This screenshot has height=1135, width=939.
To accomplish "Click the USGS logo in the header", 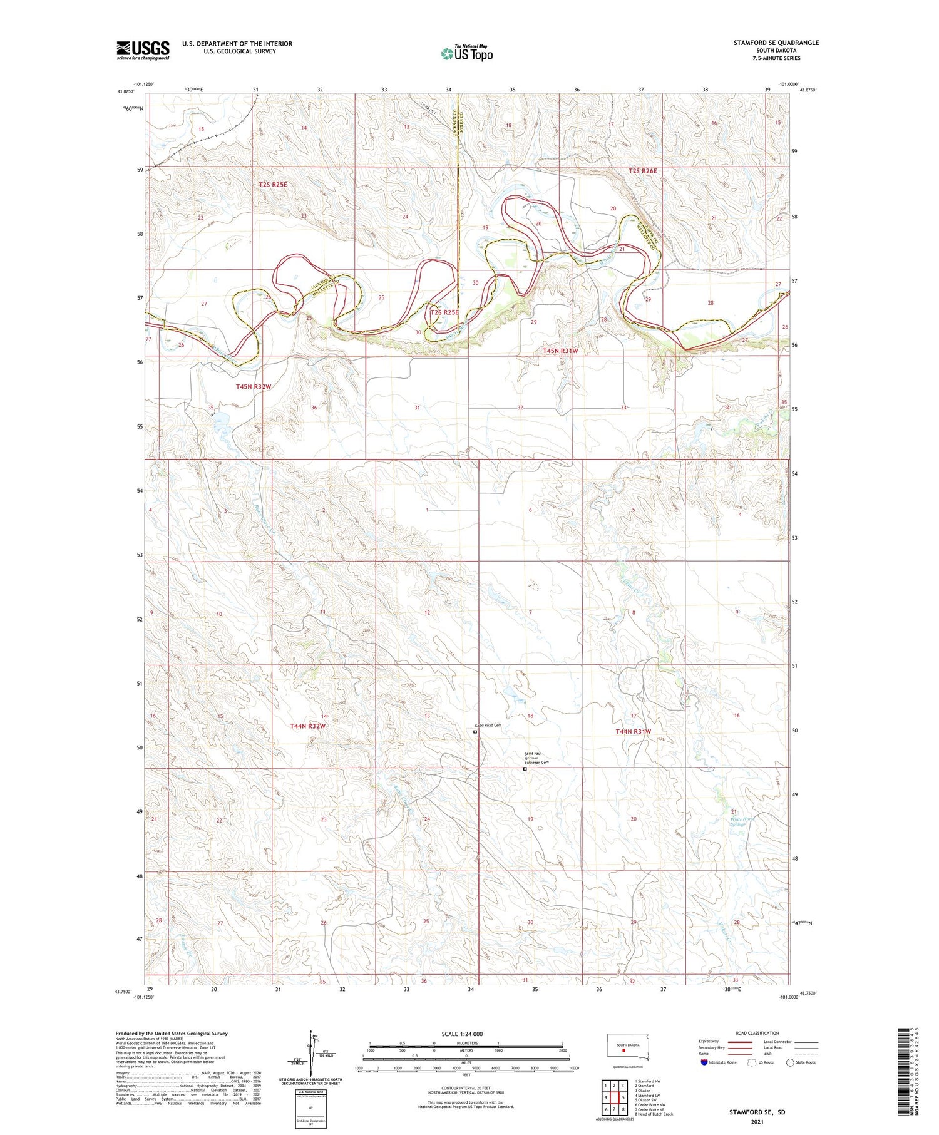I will [143, 50].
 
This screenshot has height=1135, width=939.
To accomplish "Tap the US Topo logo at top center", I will [466, 54].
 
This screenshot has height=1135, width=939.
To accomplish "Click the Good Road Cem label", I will [488, 726].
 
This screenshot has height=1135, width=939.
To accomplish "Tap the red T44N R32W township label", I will [308, 726].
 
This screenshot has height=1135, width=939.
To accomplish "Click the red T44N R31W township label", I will [633, 731].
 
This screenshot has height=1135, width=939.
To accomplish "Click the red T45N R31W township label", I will [560, 351].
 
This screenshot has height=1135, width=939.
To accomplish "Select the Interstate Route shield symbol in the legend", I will [704, 1062].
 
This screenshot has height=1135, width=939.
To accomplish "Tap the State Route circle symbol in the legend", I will [790, 1062].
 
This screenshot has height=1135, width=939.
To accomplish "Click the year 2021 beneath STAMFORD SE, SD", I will [756, 1121].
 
